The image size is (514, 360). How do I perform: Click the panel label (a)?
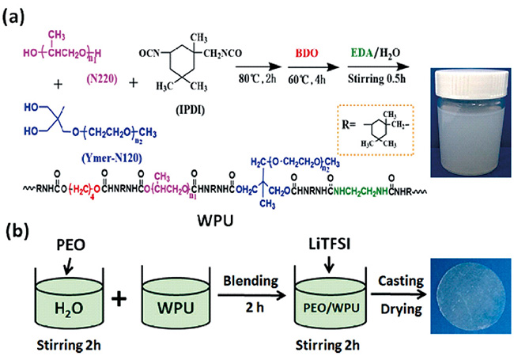coord(17,13)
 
